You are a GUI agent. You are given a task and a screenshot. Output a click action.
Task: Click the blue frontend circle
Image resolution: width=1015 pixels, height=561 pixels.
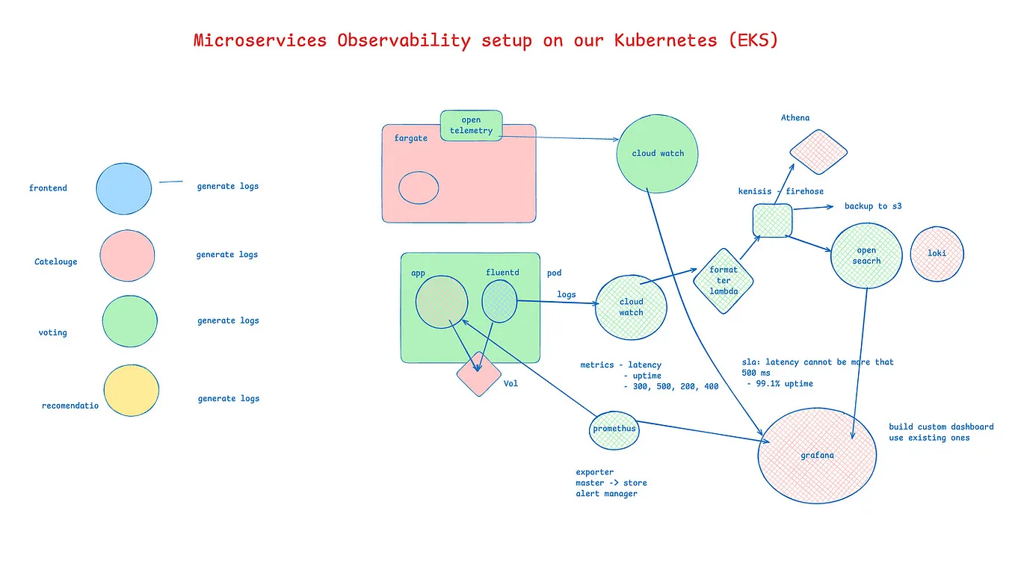coord(124,188)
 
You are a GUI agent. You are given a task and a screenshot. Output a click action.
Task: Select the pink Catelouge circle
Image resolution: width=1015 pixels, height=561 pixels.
coord(127,255)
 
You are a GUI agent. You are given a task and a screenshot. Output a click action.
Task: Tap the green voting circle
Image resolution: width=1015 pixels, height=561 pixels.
coord(129,322)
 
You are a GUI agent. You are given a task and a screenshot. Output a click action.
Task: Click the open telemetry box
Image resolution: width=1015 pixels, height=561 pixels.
coord(471,125)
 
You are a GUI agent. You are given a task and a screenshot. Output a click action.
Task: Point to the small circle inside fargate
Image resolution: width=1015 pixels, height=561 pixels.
coord(419,187)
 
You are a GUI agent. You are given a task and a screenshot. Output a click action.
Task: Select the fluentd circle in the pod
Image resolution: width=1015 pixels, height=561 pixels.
coord(500,302)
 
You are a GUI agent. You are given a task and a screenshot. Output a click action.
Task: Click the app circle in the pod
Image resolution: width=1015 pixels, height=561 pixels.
coord(442,302)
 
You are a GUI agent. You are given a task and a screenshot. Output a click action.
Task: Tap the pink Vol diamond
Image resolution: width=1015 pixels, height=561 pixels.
coord(479,374)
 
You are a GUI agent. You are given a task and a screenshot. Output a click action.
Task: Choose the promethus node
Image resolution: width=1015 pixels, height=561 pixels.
coord(614,430)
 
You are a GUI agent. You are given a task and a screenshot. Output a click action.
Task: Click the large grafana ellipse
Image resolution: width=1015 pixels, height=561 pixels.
coord(818,455)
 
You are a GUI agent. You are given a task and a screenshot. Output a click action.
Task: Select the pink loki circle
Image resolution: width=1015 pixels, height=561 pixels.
coord(937,254)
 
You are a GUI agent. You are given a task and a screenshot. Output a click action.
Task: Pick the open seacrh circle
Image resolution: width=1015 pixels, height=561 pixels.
coord(867,255)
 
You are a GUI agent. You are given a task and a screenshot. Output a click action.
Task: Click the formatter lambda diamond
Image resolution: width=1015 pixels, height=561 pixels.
coord(724,281)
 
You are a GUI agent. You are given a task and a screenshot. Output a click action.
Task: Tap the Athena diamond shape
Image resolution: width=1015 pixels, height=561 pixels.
coord(818,152)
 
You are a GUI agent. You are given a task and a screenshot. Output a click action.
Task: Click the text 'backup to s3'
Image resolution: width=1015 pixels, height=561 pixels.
coord(873,206)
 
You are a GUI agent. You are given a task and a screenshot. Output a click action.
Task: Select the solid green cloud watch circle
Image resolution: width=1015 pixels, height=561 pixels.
coord(658,153)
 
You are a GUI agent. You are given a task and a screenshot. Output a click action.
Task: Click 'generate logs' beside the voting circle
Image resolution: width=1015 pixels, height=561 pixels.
coord(228,321)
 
